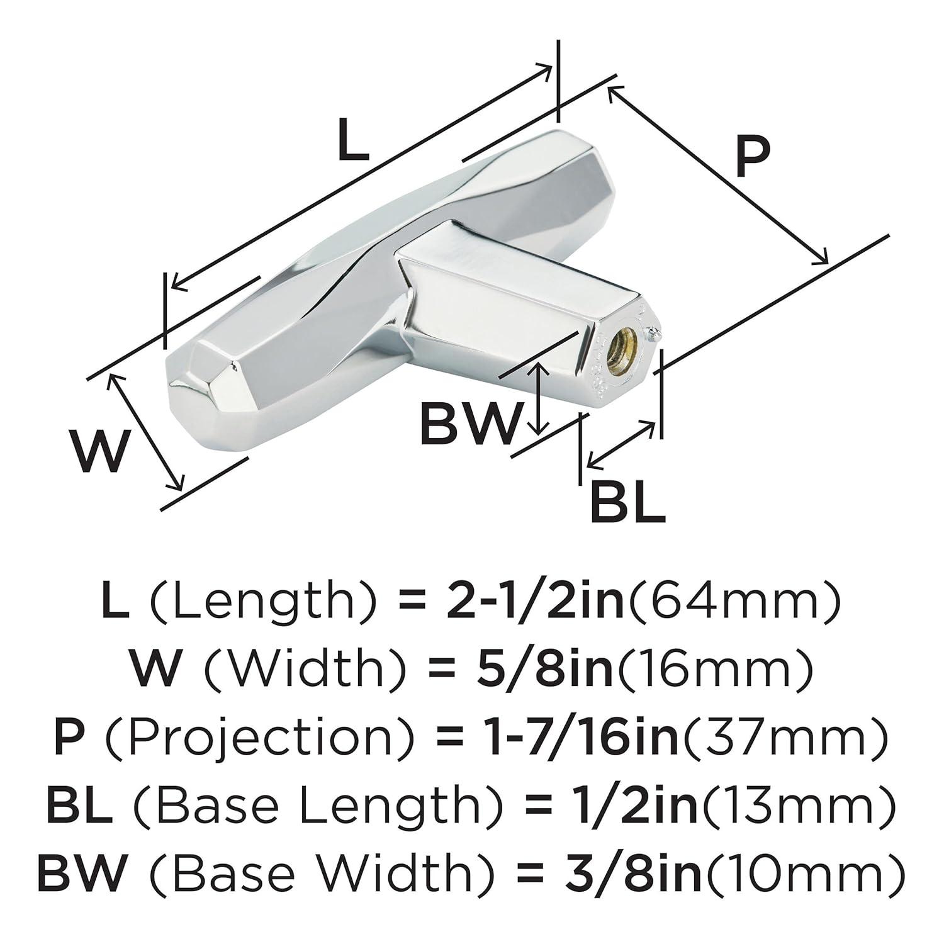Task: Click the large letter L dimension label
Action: pyautogui.click(x=352, y=140)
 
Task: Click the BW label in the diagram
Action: pyautogui.click(x=472, y=424)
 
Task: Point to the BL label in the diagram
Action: pyautogui.click(x=627, y=502)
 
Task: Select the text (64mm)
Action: pyautogui.click(x=733, y=602)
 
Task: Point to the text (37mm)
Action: pyautogui.click(x=784, y=738)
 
